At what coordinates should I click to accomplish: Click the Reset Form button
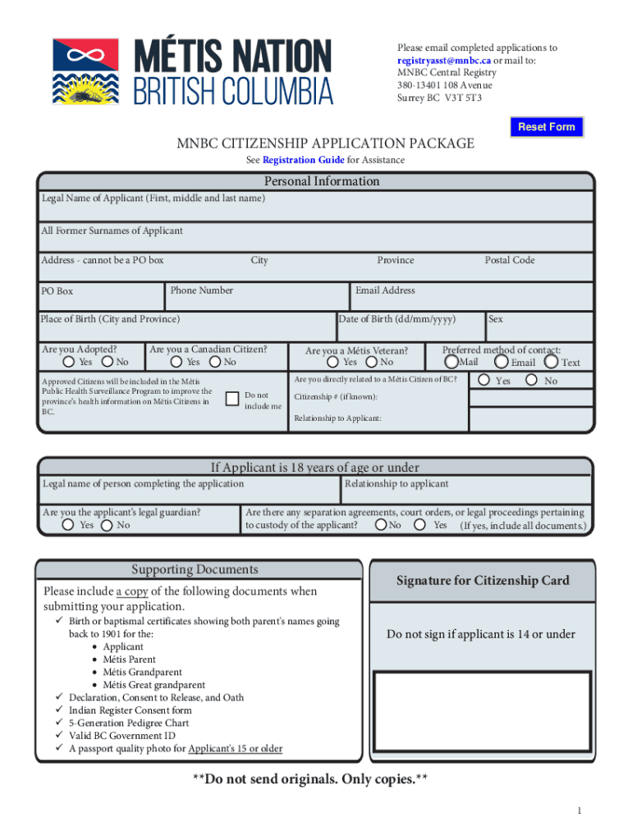point(546,127)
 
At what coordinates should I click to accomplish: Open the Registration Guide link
point(303,160)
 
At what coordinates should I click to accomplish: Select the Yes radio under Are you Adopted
point(70,362)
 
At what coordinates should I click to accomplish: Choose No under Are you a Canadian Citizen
point(215,362)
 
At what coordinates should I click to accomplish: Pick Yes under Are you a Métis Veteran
point(332,362)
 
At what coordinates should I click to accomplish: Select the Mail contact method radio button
point(451,361)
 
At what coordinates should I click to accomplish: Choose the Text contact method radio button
point(552,361)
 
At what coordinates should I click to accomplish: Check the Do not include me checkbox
point(231,399)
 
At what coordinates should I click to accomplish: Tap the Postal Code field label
point(509,260)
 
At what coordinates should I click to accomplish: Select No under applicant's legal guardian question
point(107,525)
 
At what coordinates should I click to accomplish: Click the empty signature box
point(483,717)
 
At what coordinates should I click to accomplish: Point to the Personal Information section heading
point(322,181)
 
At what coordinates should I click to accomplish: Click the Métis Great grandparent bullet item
point(153,685)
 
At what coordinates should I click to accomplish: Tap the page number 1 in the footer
point(579,811)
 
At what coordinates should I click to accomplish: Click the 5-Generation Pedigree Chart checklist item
point(129,723)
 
